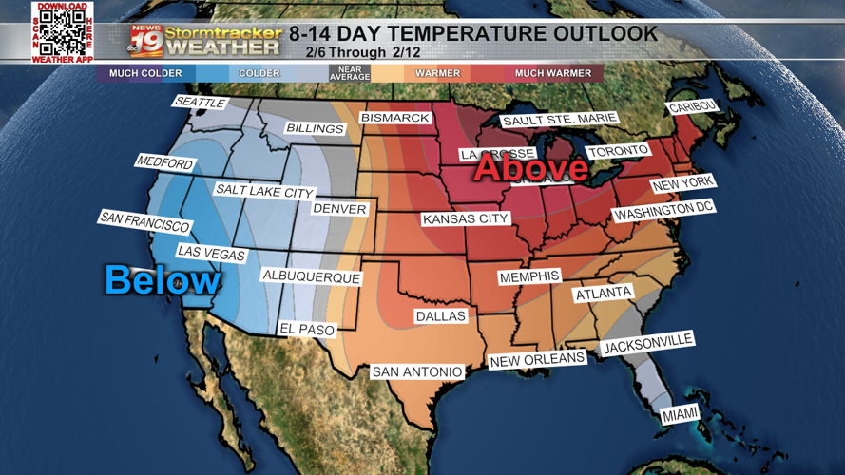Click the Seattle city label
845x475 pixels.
pos(200,103)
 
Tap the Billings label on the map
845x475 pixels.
pos(315,128)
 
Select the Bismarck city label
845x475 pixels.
pos(395,118)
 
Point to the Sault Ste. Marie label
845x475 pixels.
pos(559,120)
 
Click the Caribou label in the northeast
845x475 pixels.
pos(693,107)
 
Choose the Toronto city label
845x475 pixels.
pos(618,151)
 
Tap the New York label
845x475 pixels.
pos(682,183)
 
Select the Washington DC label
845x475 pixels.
pos(663,211)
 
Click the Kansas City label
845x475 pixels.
pos(466,219)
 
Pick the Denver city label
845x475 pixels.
pos(339,209)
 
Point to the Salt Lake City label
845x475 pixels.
pos(263,191)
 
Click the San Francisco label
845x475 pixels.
pos(144,222)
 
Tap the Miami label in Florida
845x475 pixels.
pos(680,414)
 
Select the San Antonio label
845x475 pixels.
pos(417,372)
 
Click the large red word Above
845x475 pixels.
pos(531,168)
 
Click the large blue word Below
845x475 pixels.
pos(162,280)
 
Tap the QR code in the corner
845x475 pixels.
pos(63,32)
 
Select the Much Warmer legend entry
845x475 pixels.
pos(552,73)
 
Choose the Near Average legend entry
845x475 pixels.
pos(349,73)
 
